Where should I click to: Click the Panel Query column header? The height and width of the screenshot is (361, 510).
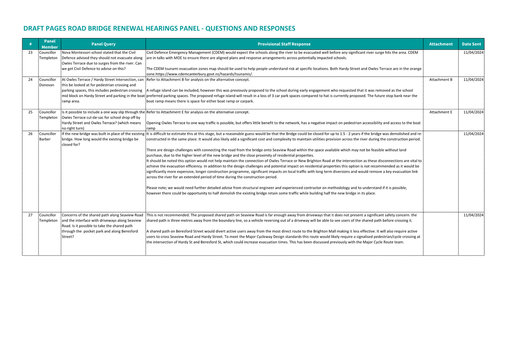(103, 44)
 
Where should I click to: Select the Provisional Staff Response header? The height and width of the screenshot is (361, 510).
(284, 44)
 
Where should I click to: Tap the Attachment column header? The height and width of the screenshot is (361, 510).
(440, 44)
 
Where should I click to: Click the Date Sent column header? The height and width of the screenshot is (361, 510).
(471, 44)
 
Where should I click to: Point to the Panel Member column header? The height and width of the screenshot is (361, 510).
(50, 44)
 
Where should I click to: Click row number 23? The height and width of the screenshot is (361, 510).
(30, 53)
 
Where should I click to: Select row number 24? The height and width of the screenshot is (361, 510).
(30, 80)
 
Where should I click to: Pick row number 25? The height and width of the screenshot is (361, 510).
(30, 112)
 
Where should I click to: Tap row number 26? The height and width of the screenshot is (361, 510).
(30, 134)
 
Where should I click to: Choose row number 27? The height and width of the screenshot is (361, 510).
(30, 215)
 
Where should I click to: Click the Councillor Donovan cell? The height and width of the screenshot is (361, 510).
(47, 82)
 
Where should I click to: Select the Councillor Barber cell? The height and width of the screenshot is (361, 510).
(47, 137)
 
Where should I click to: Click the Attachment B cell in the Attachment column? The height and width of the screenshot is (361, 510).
(440, 80)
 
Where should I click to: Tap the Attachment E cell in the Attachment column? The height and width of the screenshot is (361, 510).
(440, 112)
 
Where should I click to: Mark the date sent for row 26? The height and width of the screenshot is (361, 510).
(473, 134)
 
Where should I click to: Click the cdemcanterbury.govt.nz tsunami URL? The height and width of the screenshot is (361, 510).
(204, 74)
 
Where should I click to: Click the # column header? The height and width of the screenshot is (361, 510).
(30, 44)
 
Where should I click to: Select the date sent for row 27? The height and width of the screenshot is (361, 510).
(473, 215)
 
